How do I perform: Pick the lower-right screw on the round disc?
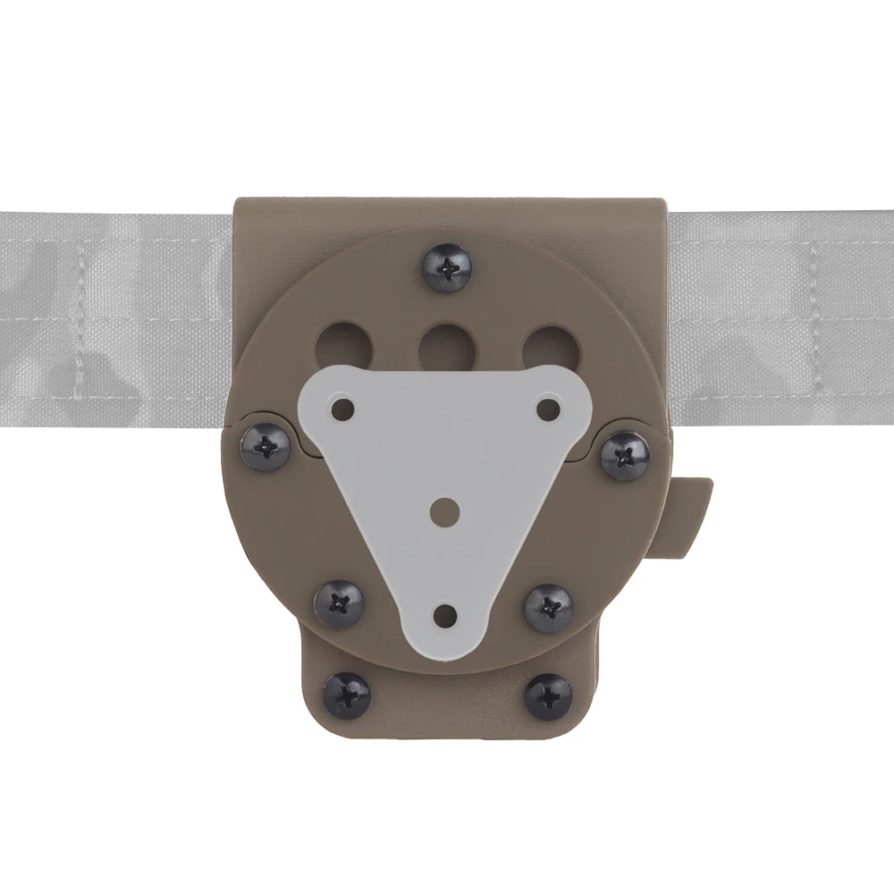pyautogui.click(x=549, y=604)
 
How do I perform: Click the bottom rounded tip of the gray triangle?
pyautogui.click(x=445, y=651)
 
